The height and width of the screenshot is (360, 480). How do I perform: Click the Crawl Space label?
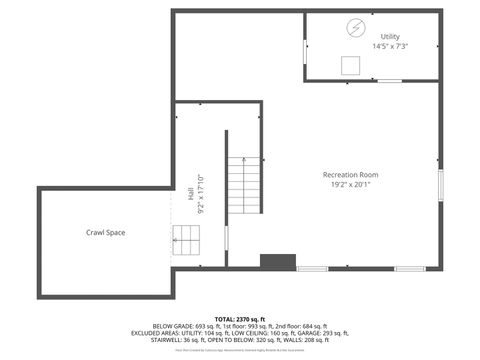[x=105, y=232]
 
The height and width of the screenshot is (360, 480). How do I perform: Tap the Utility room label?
[x=389, y=36]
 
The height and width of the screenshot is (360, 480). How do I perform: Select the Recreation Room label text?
[x=350, y=175]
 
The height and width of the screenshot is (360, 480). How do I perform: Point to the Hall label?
[x=190, y=194]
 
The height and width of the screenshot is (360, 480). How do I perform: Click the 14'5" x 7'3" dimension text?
[x=390, y=46]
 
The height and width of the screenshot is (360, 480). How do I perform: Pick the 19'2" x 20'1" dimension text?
[x=350, y=185]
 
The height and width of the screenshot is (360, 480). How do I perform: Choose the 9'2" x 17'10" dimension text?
[x=200, y=195]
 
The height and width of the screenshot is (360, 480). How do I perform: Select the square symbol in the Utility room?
[x=350, y=65]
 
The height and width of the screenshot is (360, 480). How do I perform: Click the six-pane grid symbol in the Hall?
[x=187, y=238]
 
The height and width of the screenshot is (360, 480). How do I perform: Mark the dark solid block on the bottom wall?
[x=278, y=262]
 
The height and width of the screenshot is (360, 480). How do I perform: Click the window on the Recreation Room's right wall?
[x=440, y=186]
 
